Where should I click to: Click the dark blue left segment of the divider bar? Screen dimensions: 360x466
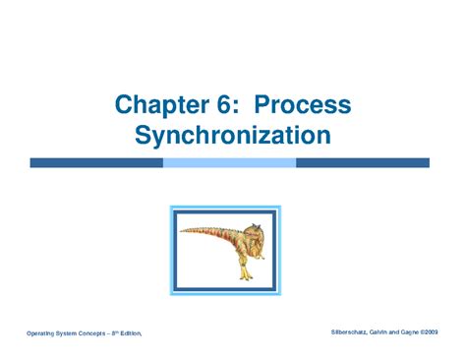[95, 162]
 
